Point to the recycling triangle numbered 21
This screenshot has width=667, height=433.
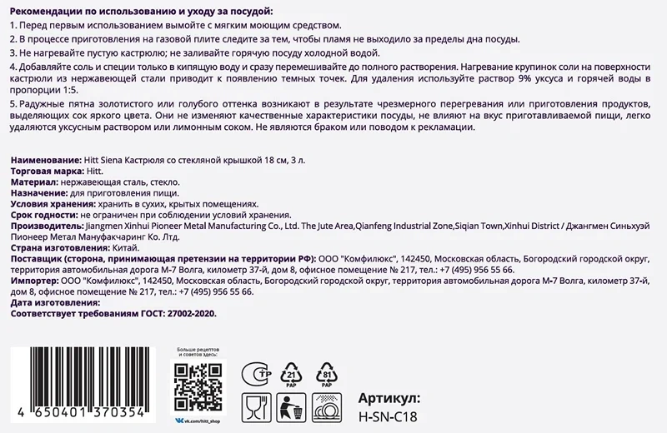[x=293, y=374]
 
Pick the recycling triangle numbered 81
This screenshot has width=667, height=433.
[x=328, y=374]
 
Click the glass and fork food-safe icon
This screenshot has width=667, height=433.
[x=255, y=408]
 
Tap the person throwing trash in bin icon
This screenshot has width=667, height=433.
[x=291, y=408]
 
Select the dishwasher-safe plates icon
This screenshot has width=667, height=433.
[x=328, y=408]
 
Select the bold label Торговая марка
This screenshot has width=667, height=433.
[x=43, y=169]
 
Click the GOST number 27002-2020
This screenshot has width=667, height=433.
[x=188, y=315]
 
